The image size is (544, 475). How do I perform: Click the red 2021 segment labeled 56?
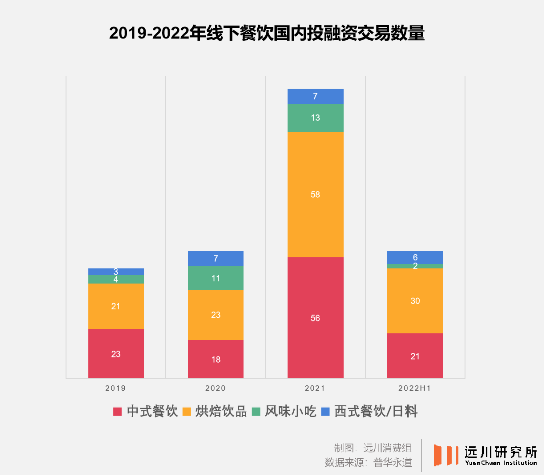[x=315, y=318]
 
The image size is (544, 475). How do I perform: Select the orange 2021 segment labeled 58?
[x=315, y=194]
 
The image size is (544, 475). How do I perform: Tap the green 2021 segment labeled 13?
[x=315, y=118]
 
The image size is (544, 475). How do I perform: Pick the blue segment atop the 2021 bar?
[x=315, y=96]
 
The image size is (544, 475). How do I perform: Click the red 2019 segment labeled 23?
[x=116, y=354]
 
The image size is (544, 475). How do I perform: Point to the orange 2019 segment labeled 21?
[x=116, y=306]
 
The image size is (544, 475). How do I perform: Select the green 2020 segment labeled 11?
[x=216, y=278]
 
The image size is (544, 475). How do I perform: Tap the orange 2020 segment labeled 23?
[x=216, y=315]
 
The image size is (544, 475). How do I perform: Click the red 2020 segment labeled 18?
[x=216, y=359]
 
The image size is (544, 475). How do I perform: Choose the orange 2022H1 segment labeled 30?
[x=415, y=301]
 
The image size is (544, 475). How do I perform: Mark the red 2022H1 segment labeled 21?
[x=415, y=356]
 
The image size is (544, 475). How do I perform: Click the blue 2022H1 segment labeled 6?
[x=415, y=257]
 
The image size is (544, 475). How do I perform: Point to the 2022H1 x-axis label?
[x=415, y=389]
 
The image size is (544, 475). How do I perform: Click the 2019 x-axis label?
[x=116, y=389]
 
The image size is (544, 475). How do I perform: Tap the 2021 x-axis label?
[x=315, y=389]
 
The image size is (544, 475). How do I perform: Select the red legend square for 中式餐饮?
[x=118, y=412]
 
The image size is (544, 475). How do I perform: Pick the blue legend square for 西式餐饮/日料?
[x=325, y=412]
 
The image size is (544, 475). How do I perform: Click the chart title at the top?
[x=267, y=33]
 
